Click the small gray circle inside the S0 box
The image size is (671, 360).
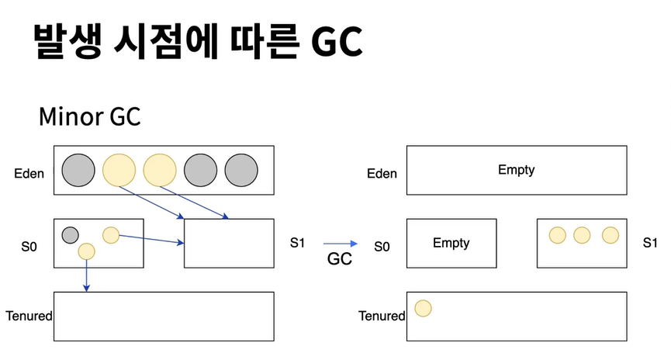[x=70, y=234]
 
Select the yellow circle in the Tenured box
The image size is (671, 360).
[x=423, y=308]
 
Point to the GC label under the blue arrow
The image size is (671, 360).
[x=339, y=259]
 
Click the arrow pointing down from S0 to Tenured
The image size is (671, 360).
[x=86, y=275]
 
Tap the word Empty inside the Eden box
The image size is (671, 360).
[x=516, y=169]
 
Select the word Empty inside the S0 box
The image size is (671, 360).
[x=451, y=243]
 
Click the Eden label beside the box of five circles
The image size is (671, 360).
[x=30, y=173]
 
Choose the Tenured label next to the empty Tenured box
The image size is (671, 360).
[x=29, y=316]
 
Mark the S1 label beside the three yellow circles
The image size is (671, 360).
[x=650, y=243]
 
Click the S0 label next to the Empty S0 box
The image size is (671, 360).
[x=382, y=247]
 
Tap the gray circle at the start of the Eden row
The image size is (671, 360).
[x=78, y=170]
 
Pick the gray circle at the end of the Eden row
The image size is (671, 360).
[x=240, y=170]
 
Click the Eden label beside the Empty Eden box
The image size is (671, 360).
[x=381, y=174]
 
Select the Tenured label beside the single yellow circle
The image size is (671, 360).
[x=382, y=316]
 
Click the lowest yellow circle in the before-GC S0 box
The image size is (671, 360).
[x=86, y=251]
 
